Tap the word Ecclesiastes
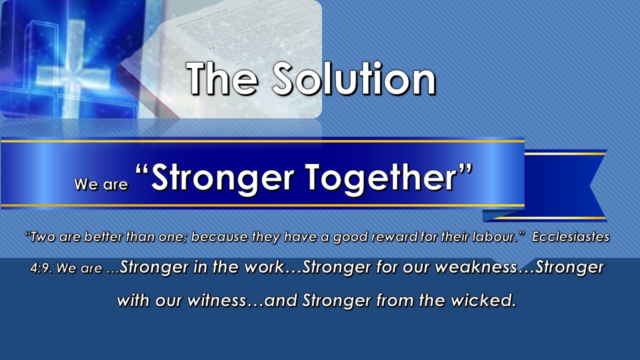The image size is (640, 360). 570,237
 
